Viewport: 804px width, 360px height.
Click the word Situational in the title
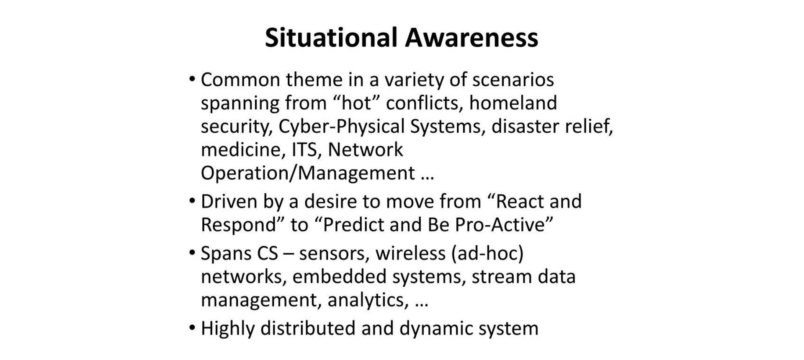(x=331, y=38)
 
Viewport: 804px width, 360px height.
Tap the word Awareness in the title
(x=472, y=38)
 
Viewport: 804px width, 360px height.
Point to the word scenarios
(x=513, y=80)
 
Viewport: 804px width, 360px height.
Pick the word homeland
(x=513, y=103)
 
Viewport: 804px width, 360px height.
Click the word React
(x=516, y=201)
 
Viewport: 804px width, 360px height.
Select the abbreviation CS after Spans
(x=268, y=253)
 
